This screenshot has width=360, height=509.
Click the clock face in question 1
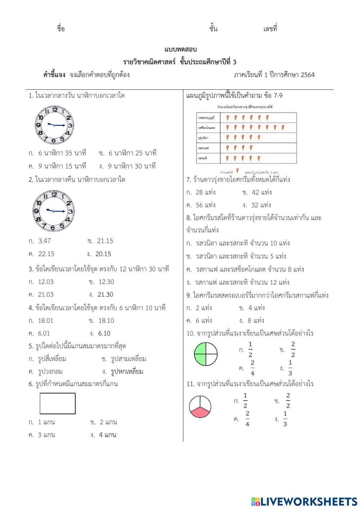click(x=54, y=125)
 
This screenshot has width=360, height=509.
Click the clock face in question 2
click(x=53, y=211)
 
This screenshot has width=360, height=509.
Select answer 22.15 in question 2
click(x=46, y=254)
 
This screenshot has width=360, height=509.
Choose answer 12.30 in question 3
click(x=106, y=282)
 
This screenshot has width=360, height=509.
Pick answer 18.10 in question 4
click(x=106, y=321)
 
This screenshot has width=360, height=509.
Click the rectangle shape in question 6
click(x=58, y=403)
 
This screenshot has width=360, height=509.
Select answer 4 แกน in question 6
click(x=107, y=435)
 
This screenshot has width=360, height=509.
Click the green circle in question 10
click(x=206, y=354)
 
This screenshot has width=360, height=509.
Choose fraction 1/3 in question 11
click(x=285, y=419)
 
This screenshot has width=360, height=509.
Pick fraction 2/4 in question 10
click(x=252, y=368)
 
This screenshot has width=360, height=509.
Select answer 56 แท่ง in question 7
click(x=205, y=205)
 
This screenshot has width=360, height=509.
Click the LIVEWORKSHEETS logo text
click(x=309, y=501)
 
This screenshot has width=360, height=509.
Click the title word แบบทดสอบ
click(x=180, y=49)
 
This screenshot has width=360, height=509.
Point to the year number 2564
click(x=307, y=75)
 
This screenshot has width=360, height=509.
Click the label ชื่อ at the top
click(x=61, y=29)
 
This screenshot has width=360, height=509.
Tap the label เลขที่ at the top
click(x=270, y=29)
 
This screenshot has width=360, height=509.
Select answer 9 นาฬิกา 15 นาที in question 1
click(x=62, y=166)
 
